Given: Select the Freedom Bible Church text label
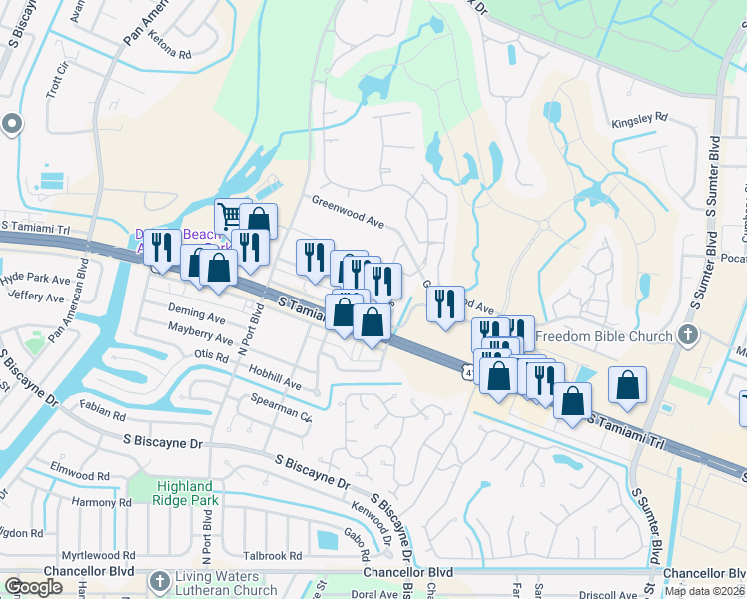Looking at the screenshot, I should [605, 336].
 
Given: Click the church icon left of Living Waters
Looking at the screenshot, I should [159, 582].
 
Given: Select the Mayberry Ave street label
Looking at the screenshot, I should [200, 333].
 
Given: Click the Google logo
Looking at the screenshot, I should [33, 587].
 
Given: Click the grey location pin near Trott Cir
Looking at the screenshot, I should [12, 124].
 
